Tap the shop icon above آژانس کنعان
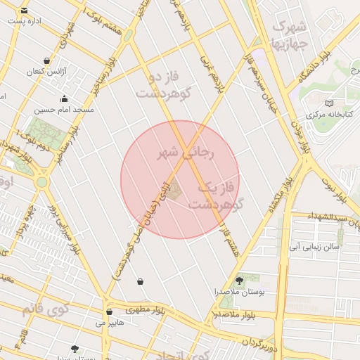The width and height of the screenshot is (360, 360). (46, 60)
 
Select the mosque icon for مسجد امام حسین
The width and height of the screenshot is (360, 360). (65, 98)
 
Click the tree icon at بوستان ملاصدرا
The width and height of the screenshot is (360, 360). (239, 280)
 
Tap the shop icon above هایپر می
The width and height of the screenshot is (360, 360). (108, 312)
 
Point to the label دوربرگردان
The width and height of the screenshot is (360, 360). (255, 343)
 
